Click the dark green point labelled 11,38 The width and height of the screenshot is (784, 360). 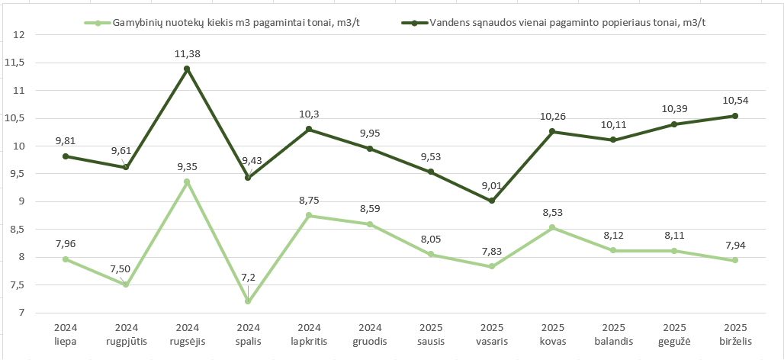pos(187,69)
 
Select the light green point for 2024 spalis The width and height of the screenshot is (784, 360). pos(248,301)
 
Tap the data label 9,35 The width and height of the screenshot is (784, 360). pos(187,167)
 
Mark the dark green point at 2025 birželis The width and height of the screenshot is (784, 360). pos(735,116)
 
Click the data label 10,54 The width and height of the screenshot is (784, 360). pos(735,101)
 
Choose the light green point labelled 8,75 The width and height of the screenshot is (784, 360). pos(309,215)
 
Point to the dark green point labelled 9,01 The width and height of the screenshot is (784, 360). pos(492,201)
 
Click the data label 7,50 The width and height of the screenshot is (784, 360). pos(126,269)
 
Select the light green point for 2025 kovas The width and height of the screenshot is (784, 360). pos(553,227)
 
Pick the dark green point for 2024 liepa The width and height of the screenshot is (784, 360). pos(66,156)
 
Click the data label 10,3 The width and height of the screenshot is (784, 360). pos(309,114)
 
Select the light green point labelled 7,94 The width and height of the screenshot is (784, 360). pos(735,260)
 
